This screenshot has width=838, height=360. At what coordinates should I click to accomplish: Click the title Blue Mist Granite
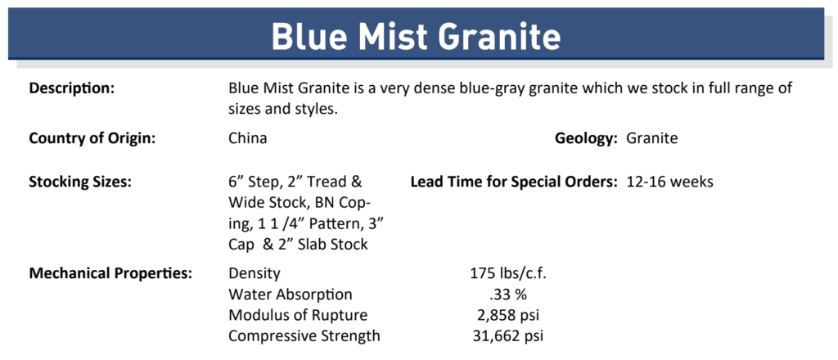(416, 36)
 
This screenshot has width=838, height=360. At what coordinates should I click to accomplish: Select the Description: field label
(72, 88)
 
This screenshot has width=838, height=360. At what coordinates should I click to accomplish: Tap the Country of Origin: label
(92, 138)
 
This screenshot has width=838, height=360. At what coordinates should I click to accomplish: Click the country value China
(248, 138)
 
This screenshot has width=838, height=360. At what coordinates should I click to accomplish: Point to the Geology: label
(586, 139)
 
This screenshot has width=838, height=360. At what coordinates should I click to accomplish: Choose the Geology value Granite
(652, 138)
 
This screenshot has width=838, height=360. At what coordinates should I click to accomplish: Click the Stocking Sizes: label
(80, 182)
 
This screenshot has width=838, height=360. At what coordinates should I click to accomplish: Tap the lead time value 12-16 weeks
(669, 182)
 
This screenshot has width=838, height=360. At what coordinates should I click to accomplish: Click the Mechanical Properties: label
(110, 273)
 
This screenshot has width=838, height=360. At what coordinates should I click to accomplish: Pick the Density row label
(255, 273)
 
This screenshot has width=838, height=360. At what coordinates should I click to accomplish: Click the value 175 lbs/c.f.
(509, 273)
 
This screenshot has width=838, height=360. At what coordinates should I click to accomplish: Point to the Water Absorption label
(291, 295)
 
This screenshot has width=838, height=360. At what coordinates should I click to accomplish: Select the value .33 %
(508, 295)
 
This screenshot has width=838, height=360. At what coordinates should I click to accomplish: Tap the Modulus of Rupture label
(298, 315)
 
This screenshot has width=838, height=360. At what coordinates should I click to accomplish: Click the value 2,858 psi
(509, 315)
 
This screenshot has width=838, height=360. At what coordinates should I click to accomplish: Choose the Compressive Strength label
(304, 336)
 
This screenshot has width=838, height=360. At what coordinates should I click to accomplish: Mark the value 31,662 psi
(509, 336)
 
